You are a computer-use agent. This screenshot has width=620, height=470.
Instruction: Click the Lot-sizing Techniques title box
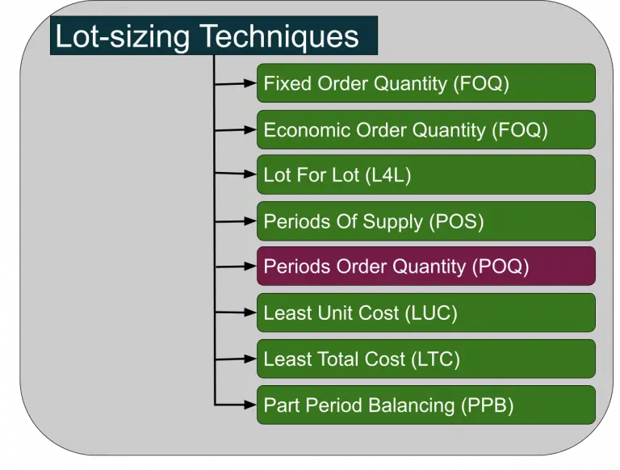213,36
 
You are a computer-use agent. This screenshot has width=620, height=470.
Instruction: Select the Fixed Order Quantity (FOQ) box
425,83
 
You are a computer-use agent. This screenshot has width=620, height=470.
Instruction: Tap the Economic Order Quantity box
425,129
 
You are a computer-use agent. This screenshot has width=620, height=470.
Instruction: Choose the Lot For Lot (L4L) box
425,174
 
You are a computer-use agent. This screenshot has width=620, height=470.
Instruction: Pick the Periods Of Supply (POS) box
425,220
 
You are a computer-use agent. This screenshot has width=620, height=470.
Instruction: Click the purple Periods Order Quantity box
425,266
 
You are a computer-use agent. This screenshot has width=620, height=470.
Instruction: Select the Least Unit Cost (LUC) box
425,313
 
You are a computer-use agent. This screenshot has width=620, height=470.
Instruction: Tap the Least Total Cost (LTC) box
425,359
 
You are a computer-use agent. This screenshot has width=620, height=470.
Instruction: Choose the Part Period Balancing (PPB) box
425,405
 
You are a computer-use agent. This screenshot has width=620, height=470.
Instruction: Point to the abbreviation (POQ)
500,267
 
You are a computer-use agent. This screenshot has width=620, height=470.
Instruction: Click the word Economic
301,130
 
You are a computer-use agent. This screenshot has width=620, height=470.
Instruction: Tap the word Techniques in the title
279,37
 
